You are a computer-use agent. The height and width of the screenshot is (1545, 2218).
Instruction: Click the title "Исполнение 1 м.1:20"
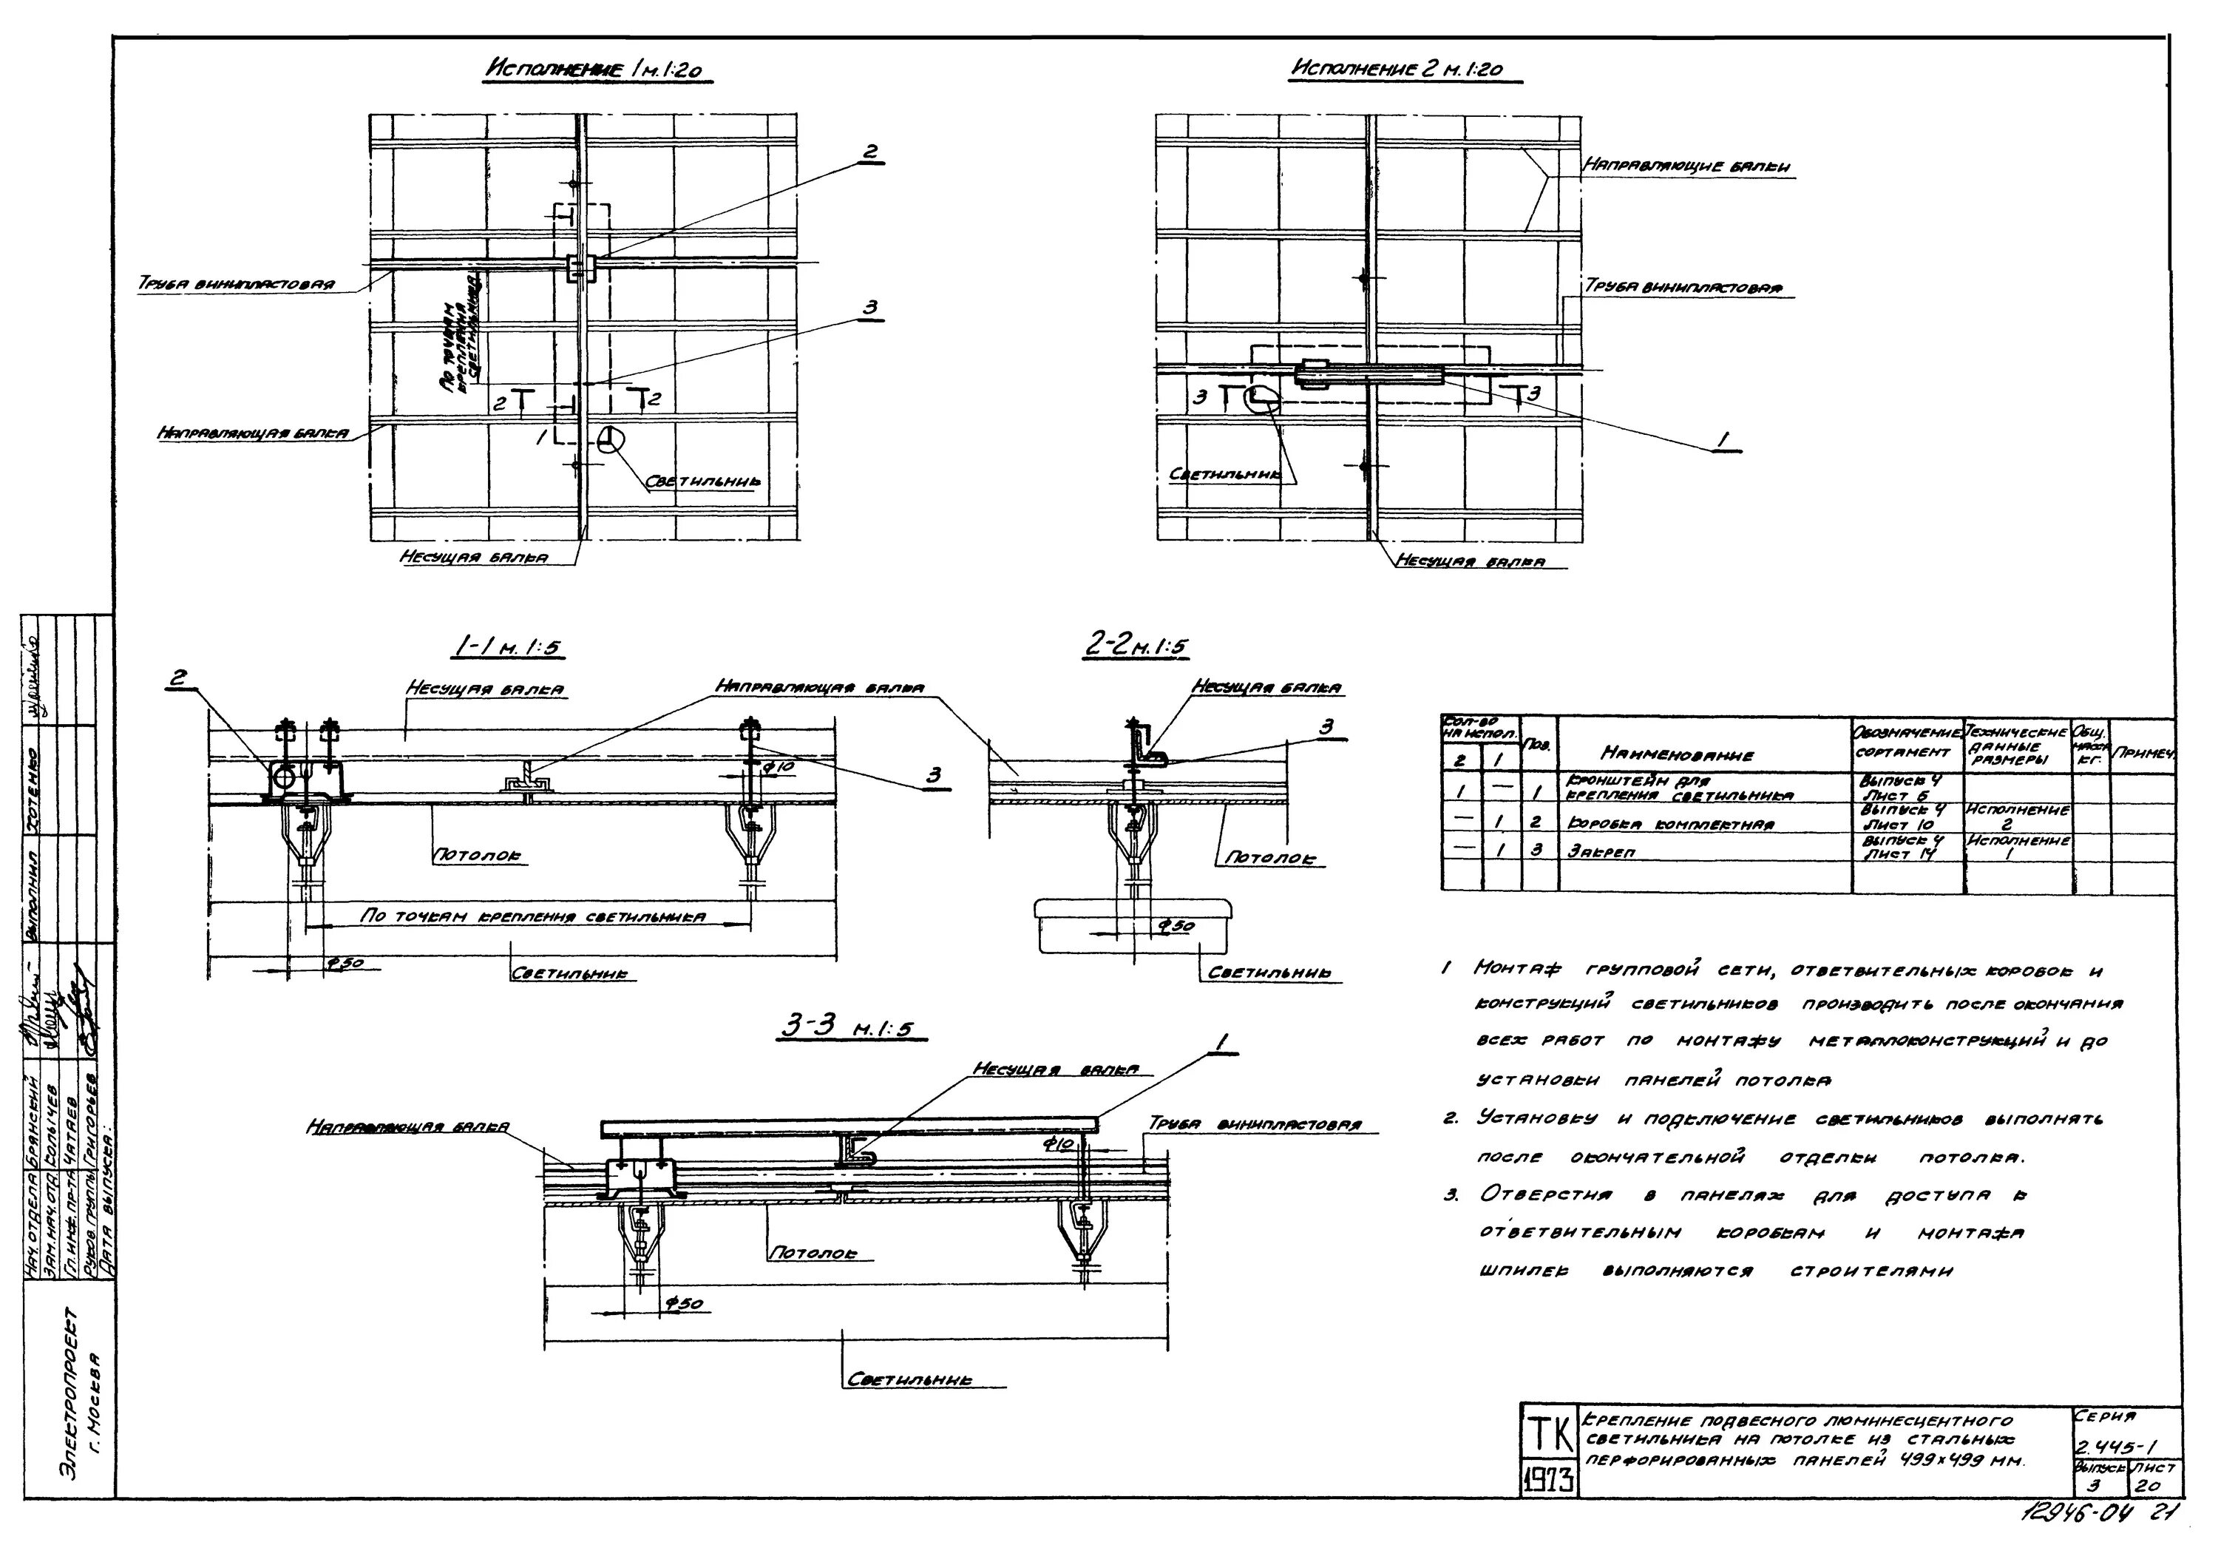(x=598, y=70)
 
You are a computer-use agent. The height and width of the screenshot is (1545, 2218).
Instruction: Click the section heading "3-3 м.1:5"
(x=845, y=1030)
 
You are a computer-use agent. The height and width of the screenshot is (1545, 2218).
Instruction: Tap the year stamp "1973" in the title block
(x=1550, y=1479)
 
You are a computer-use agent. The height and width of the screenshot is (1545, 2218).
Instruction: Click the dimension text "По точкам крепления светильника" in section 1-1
(x=532, y=916)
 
